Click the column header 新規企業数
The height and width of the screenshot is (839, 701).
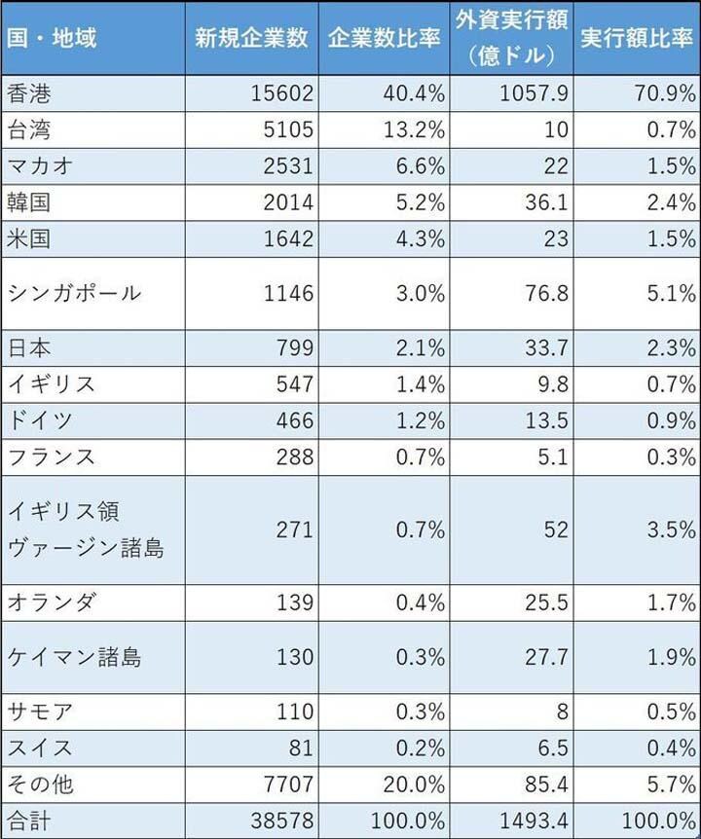251,39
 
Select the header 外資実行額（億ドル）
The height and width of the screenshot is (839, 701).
511,39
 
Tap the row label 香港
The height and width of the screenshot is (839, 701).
28,93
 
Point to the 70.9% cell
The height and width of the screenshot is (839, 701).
661,93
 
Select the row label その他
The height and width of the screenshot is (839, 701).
40,784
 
